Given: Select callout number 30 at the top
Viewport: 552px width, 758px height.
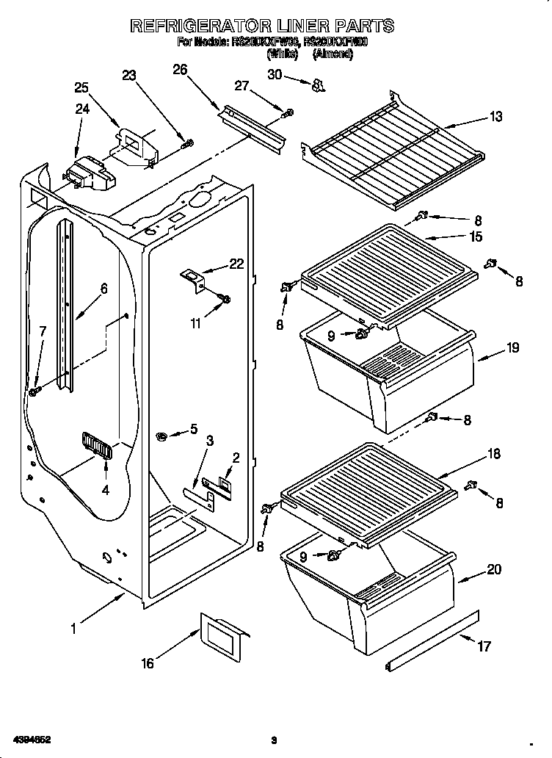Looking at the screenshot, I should [275, 74].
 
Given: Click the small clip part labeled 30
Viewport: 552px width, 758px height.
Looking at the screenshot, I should [317, 87].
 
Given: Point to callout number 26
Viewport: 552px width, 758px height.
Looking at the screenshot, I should [180, 70].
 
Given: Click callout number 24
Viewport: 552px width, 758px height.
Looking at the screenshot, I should [81, 109].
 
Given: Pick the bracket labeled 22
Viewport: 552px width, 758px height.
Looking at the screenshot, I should [194, 279].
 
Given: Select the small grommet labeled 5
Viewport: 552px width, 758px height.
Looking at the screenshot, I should [162, 438].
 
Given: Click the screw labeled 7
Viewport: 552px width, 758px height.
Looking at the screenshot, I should [34, 392].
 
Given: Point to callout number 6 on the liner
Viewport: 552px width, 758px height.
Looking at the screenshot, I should [103, 289].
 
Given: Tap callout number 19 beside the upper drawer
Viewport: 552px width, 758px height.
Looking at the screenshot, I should [512, 348].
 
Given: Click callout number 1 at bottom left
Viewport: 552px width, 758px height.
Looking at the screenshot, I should [73, 628].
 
